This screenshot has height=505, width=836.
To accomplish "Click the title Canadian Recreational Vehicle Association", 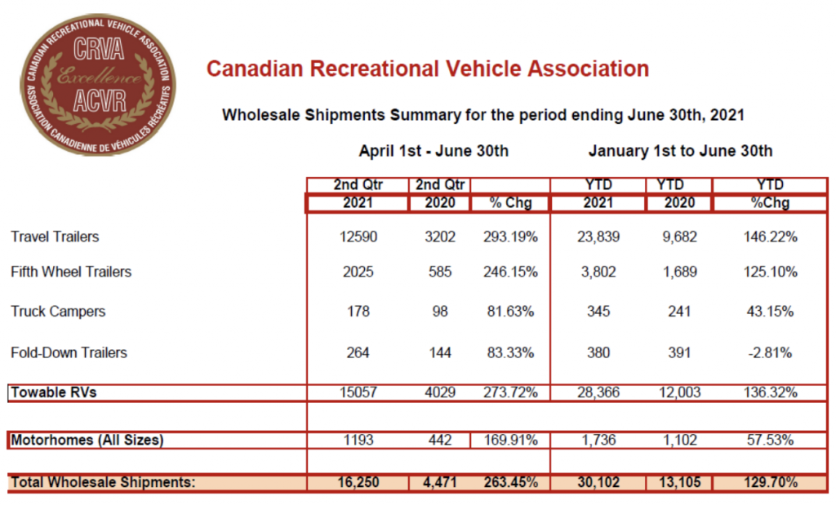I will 427,69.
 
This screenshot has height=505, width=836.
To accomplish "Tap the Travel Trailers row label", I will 55,237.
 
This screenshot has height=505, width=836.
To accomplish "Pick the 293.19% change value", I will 509,237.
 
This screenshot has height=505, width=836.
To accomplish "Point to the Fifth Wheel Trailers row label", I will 71,272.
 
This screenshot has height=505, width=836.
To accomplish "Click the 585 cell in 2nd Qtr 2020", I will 439,272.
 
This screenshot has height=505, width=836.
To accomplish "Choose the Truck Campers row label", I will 58,311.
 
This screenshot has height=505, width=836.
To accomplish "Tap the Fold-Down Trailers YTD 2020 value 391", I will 678,352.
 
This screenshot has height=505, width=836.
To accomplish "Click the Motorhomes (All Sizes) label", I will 87,441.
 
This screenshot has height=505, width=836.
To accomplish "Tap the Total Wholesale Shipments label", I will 103,482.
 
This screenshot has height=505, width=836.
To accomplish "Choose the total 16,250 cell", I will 356,482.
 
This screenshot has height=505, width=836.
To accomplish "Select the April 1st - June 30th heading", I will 434,151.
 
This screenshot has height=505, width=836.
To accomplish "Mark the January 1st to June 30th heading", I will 678,151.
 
